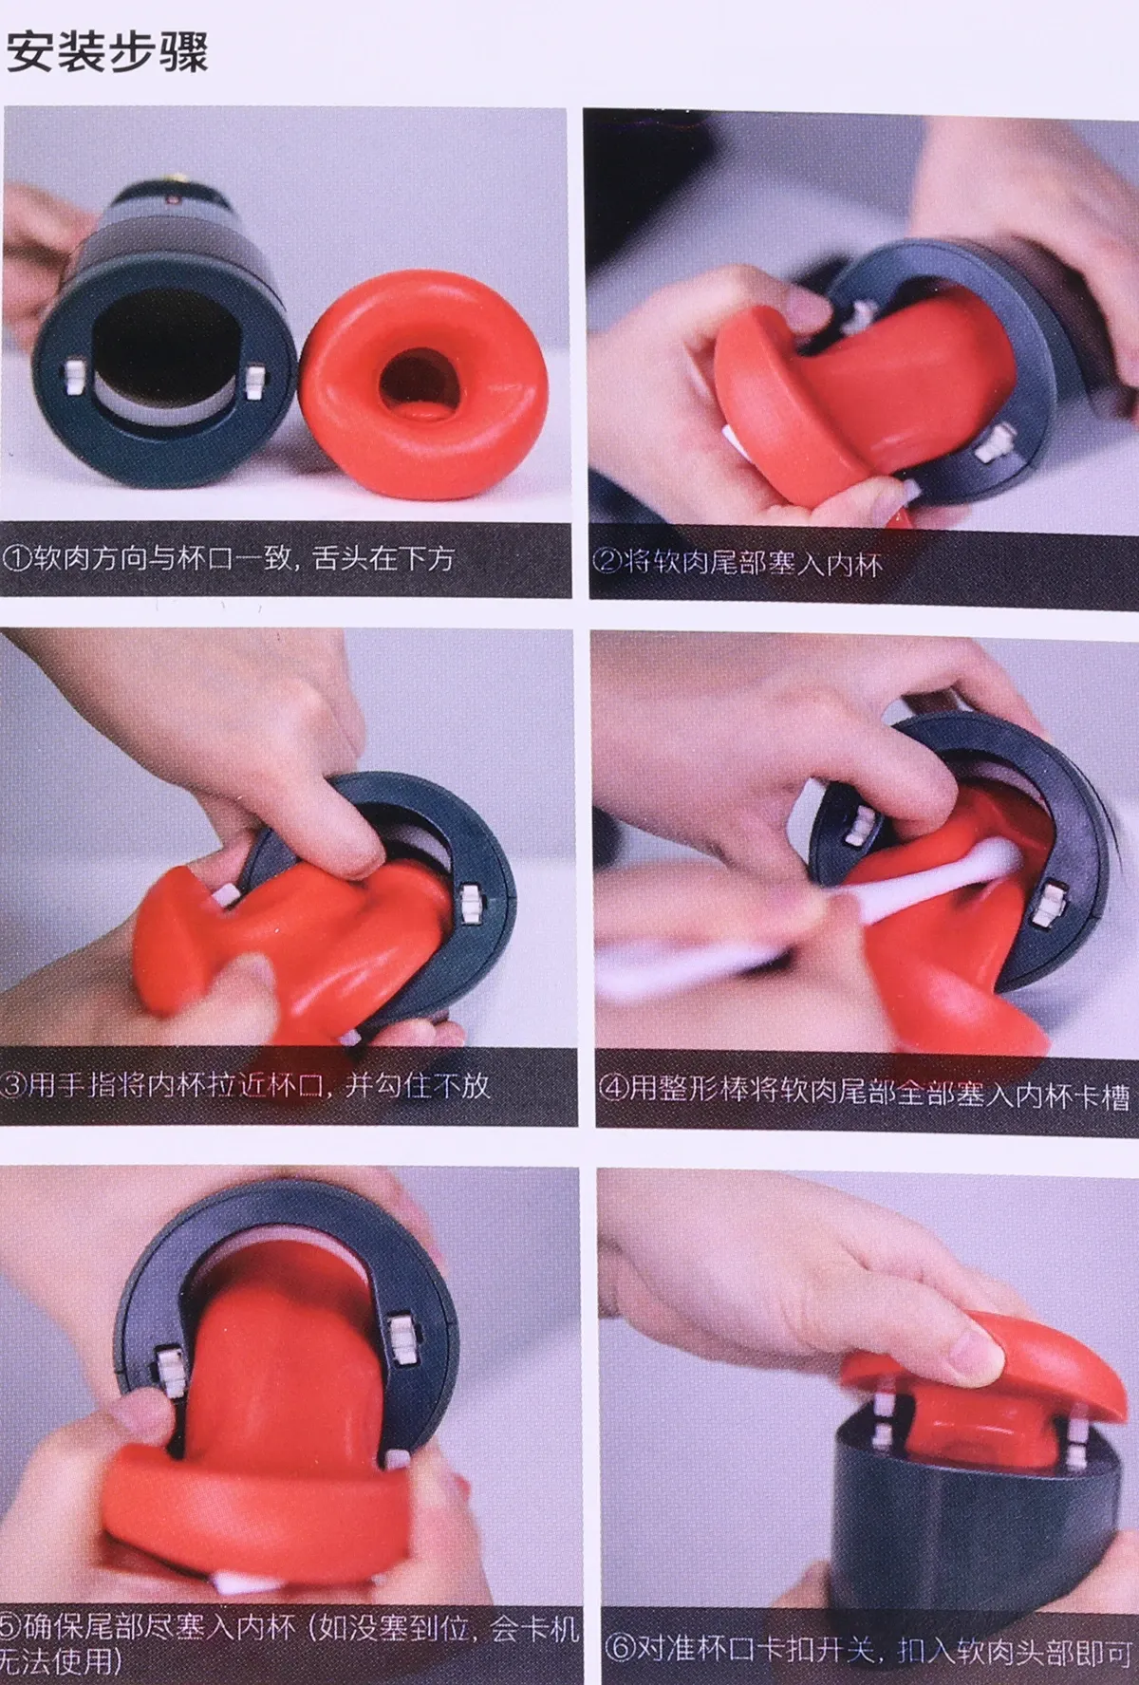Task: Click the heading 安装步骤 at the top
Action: pyautogui.click(x=107, y=52)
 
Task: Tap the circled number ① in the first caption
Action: pyautogui.click(x=20, y=558)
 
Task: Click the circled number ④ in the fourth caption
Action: pyautogui.click(x=613, y=1089)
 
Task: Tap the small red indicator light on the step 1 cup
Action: pyautogui.click(x=175, y=201)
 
